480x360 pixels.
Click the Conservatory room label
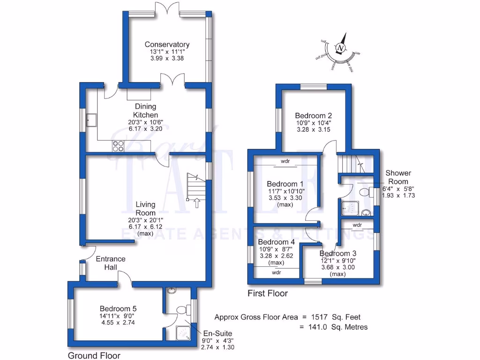click(167, 45)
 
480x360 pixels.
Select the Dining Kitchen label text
click(145, 111)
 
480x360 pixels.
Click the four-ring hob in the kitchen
click(118, 146)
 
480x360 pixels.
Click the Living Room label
click(145, 208)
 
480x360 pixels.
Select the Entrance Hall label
click(111, 262)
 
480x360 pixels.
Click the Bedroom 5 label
click(118, 308)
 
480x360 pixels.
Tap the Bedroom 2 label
click(314, 116)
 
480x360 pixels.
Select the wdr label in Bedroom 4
click(276, 272)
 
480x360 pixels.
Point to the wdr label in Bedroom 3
click(357, 225)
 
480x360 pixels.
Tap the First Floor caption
click(268, 293)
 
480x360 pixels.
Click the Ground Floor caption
click(94, 355)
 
